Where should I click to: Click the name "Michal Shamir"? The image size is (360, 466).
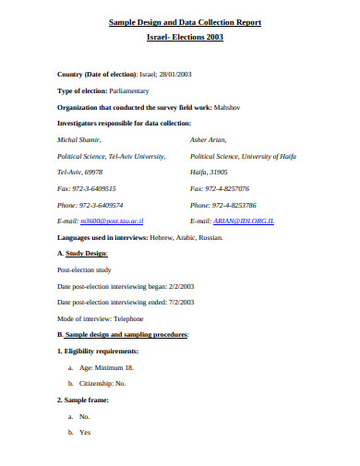[x=79, y=139]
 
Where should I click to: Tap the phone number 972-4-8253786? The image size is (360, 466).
[x=234, y=205]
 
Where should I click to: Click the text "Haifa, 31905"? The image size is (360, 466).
[x=209, y=172]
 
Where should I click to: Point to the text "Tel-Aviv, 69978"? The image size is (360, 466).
[x=79, y=172]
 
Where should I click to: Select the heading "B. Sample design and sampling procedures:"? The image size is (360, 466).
[x=123, y=334]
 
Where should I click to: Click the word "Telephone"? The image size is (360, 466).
[x=129, y=317]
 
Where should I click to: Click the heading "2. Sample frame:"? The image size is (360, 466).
[x=84, y=400]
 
